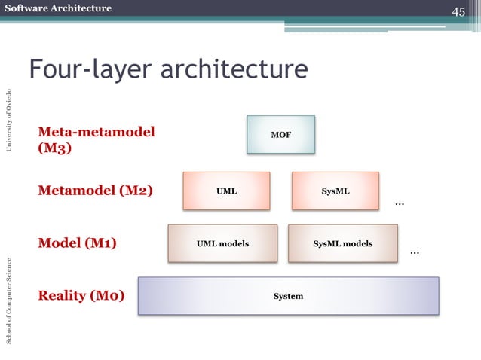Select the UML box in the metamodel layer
tap(226, 191)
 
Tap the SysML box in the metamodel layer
tap(335, 191)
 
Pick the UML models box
tap(222, 243)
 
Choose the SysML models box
tap(342, 243)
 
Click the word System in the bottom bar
tap(288, 296)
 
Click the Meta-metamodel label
tap(97, 133)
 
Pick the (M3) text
tap(55, 148)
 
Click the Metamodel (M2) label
tap(95, 191)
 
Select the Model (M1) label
tap(77, 243)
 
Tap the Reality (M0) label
tap(81, 295)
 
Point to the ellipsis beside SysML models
tap(414, 252)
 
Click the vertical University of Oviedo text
tap(9, 120)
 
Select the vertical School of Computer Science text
tap(9, 301)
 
